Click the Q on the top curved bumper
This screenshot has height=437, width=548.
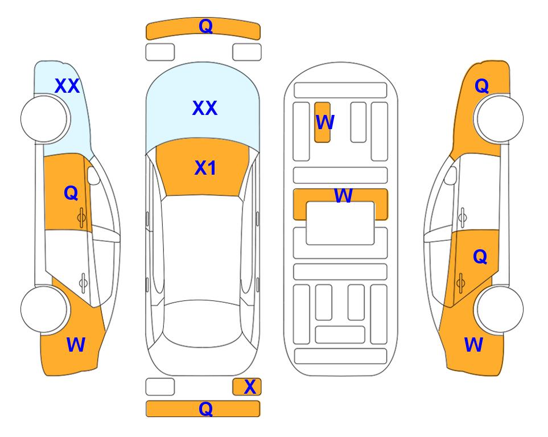click(206, 26)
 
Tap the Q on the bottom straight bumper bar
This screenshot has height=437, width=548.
click(206, 409)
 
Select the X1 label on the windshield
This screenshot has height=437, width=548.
click(205, 168)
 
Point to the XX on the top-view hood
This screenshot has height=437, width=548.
click(205, 108)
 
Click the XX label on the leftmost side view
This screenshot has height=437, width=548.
click(67, 86)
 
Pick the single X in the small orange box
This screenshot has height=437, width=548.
click(250, 387)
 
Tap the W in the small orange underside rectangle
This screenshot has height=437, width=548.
click(325, 122)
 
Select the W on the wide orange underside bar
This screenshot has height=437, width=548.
click(343, 195)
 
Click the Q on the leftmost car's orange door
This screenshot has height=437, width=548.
click(71, 193)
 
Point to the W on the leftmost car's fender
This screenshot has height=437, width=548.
click(76, 345)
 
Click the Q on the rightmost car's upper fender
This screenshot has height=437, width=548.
click(481, 86)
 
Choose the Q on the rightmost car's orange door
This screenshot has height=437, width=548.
click(480, 257)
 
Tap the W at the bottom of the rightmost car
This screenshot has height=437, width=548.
click(473, 345)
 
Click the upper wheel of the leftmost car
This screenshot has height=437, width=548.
click(44, 119)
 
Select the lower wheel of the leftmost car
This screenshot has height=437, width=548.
click(44, 310)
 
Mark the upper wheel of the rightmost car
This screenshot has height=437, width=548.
click(500, 119)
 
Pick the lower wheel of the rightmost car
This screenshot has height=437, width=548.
click(500, 310)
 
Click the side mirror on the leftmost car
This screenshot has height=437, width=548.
click(93, 175)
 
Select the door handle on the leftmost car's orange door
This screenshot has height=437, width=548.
click(81, 217)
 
